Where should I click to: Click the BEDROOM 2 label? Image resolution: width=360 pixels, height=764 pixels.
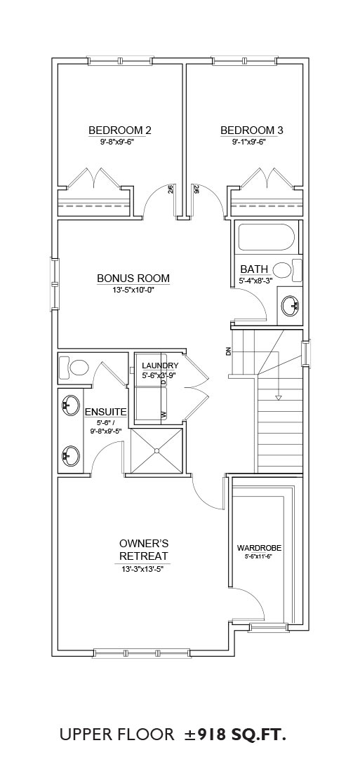(119, 130)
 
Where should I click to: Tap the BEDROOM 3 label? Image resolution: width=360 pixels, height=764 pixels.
(252, 130)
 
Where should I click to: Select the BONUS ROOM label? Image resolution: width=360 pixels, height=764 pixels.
(133, 279)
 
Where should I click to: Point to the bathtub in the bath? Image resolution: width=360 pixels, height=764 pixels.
(266, 237)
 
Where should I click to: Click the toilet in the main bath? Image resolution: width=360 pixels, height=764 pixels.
(288, 269)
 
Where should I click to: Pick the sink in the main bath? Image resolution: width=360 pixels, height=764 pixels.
(291, 305)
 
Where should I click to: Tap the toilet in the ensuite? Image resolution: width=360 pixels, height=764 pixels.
(74, 367)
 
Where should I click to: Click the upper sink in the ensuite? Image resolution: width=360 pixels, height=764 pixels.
(71, 404)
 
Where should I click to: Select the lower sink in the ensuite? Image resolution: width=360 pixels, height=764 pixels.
(71, 455)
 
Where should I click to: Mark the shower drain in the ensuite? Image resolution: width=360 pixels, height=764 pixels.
(157, 451)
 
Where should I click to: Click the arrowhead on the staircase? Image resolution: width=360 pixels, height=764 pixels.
(279, 398)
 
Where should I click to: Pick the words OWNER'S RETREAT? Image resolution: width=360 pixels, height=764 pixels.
(144, 549)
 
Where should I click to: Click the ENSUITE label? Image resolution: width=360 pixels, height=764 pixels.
(106, 413)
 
